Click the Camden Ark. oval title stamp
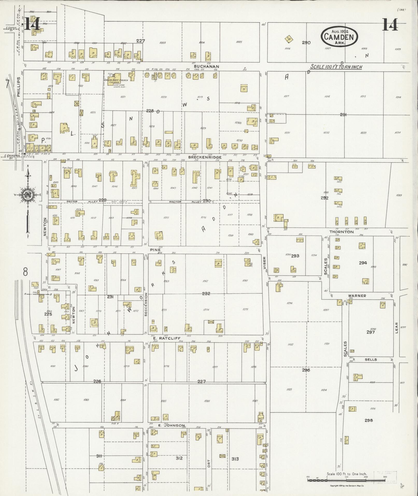point(339,37)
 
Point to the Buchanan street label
point(207,66)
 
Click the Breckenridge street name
point(205,157)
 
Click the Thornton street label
point(341,232)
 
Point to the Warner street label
point(357,296)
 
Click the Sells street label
point(371,360)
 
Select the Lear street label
point(396,327)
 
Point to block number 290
point(306,43)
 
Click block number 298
point(369,420)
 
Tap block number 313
point(235,459)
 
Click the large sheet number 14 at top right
point(389,25)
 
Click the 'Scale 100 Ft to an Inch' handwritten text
point(336,67)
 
